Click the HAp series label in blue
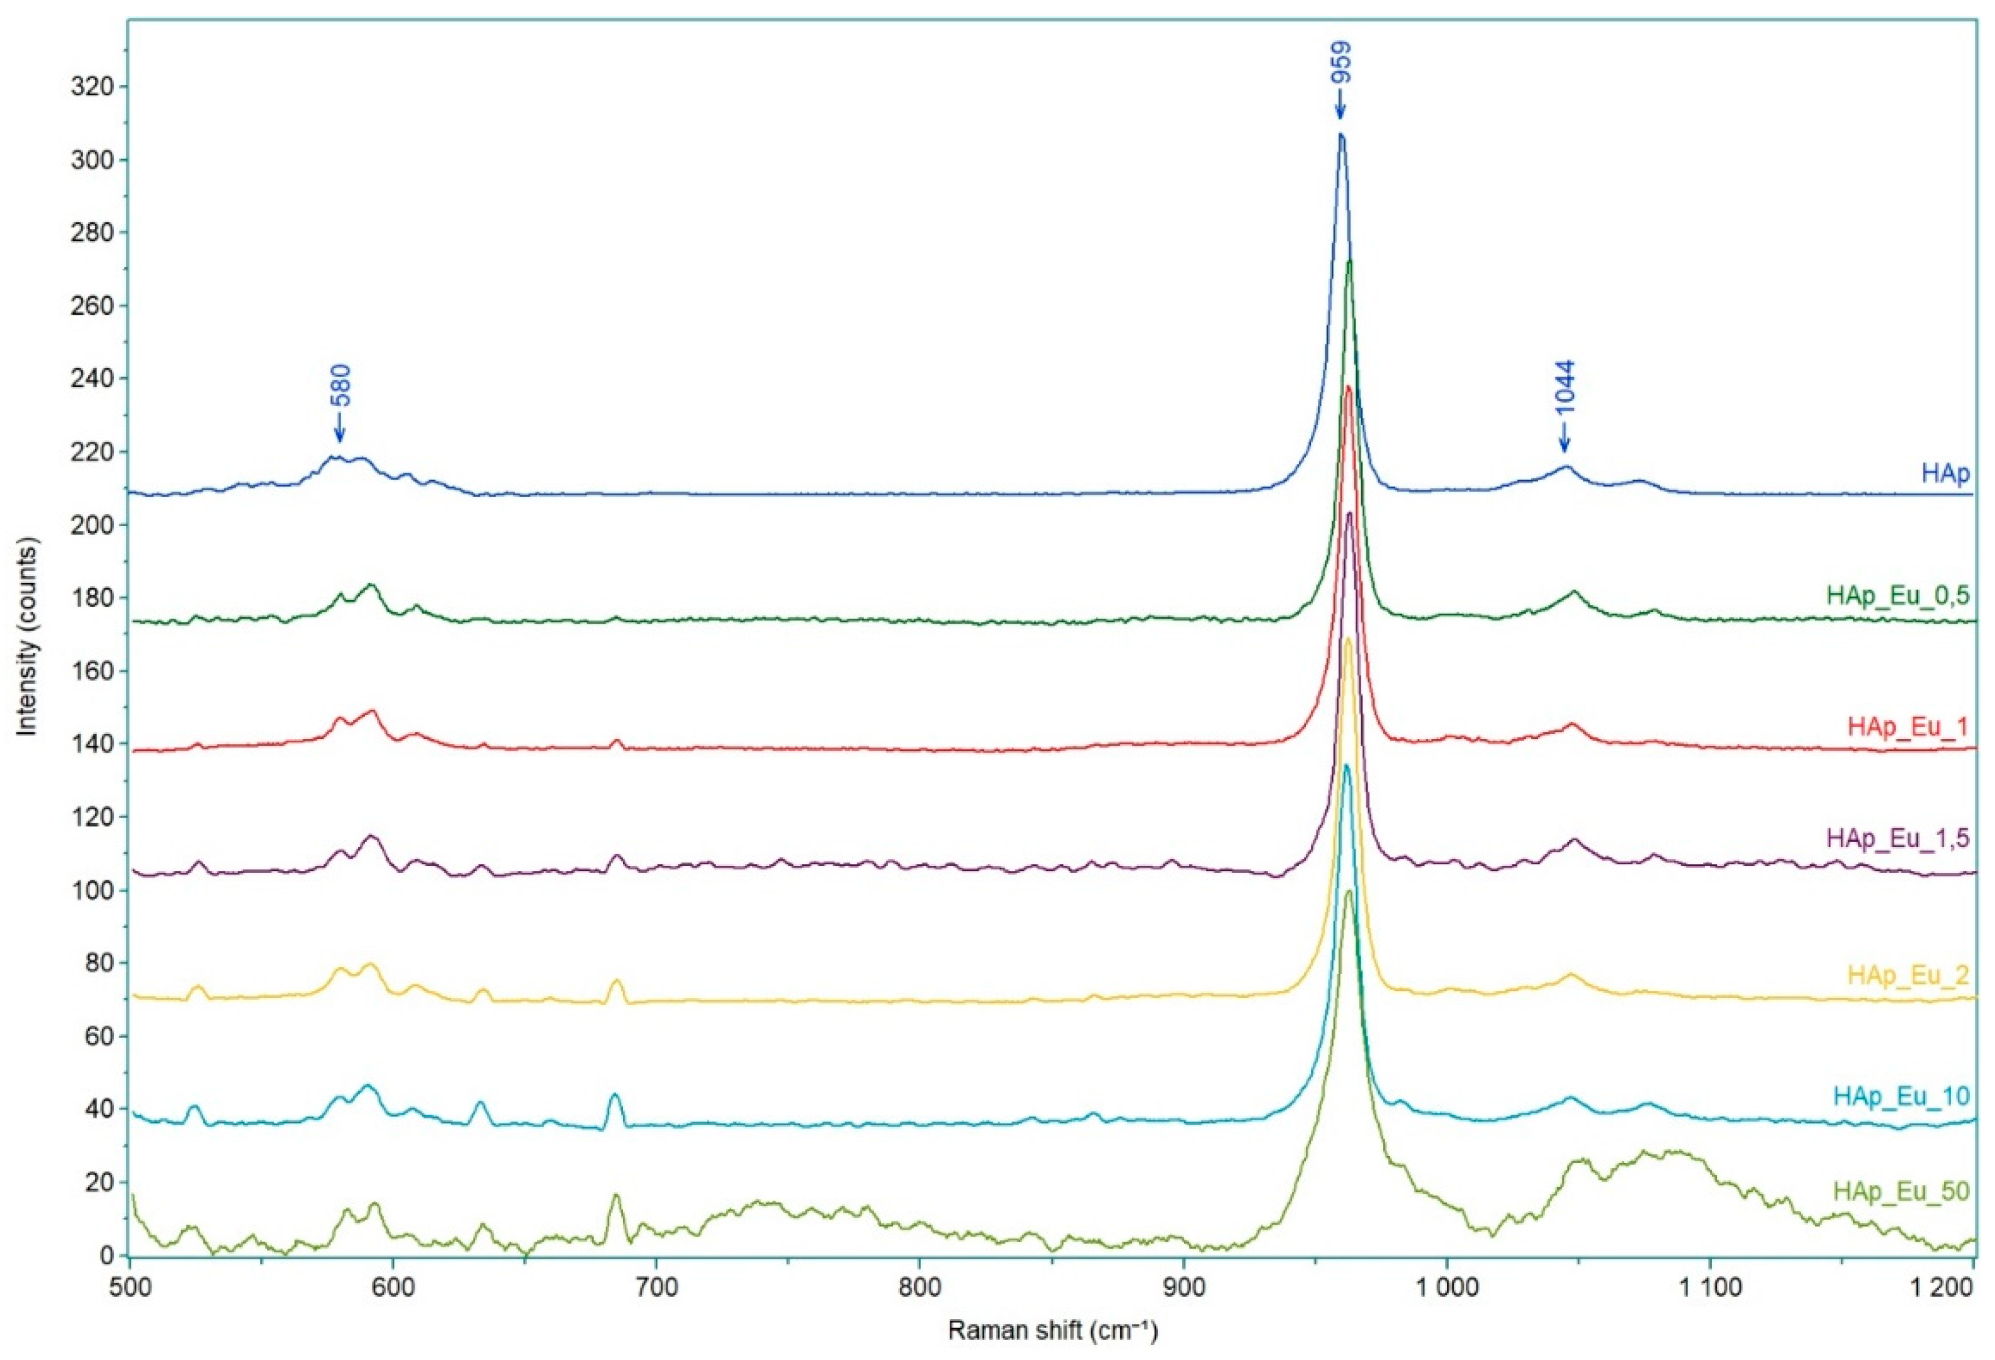point(1945,474)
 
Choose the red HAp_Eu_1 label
point(1907,726)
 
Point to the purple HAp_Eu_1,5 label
point(1897,839)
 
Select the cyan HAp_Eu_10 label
point(1901,1096)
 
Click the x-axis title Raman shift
point(1052,1332)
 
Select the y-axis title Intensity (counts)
point(28,636)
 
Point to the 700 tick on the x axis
point(656,1290)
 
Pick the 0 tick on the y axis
point(106,1256)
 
